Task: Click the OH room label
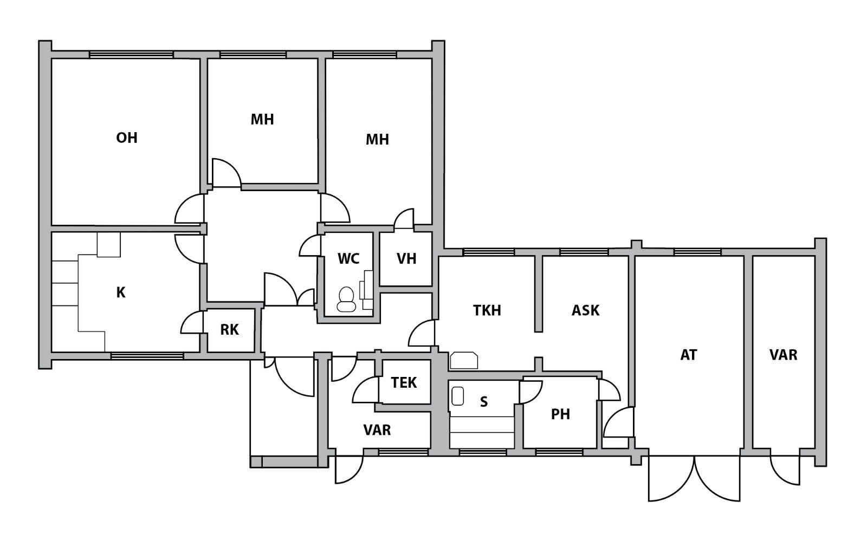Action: coord(127,138)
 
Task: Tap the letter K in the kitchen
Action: coord(121,293)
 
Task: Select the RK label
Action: coord(230,329)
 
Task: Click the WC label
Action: coord(348,258)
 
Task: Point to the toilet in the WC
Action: coord(346,299)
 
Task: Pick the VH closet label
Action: coord(406,258)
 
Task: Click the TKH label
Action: coord(487,310)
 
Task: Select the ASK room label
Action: coord(585,310)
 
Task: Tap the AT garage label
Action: coord(689,355)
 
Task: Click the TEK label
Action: coord(404,382)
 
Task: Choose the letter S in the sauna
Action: coord(484,402)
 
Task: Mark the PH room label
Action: coord(560,414)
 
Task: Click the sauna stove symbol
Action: coord(458,396)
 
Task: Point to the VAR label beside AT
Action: coord(784,355)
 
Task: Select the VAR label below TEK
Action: coord(377,429)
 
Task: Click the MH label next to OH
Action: coord(262,120)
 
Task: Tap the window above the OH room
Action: coord(131,55)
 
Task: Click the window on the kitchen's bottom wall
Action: coord(147,356)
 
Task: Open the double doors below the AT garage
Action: coord(694,479)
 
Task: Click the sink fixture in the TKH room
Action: coord(463,360)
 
